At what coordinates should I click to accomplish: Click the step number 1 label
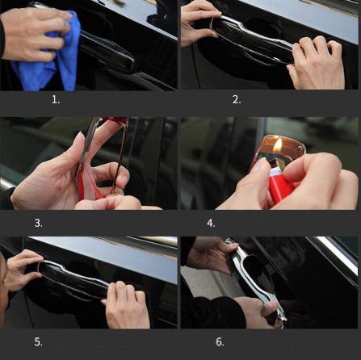(56, 100)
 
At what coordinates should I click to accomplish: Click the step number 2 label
(237, 100)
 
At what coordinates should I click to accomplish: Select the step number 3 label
(39, 223)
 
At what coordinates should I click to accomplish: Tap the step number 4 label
(211, 223)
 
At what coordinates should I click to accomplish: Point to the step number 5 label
(39, 342)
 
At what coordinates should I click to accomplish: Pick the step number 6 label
(220, 342)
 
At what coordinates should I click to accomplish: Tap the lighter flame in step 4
(278, 145)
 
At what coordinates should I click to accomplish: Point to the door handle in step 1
(107, 51)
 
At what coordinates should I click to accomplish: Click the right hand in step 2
(317, 63)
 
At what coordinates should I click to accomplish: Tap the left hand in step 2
(199, 22)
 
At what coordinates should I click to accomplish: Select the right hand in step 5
(127, 305)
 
